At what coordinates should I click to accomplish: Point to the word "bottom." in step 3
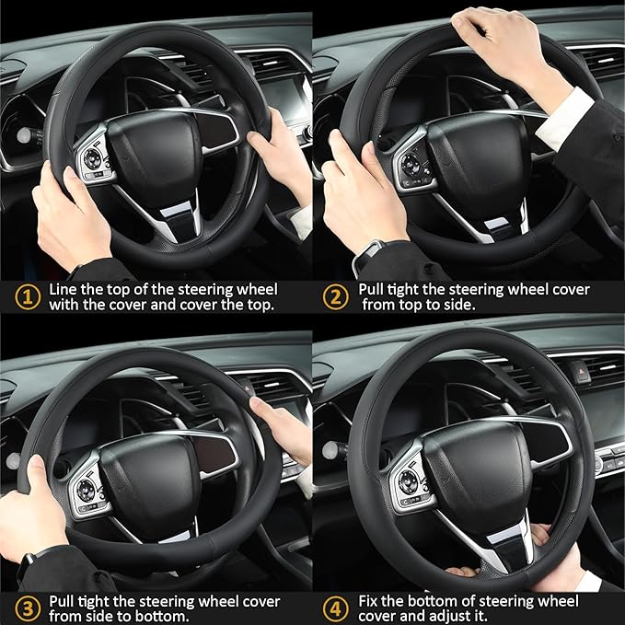(x=168, y=617)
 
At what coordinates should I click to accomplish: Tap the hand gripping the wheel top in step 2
(x=497, y=41)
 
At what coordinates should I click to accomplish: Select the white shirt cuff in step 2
(x=563, y=118)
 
